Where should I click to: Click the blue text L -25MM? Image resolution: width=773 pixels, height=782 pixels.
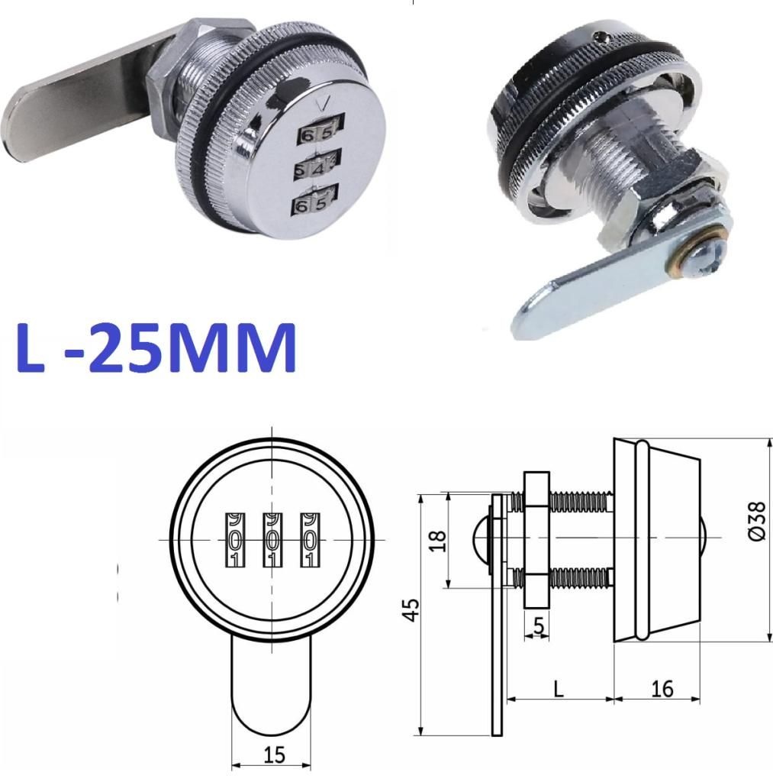pyautogui.click(x=156, y=348)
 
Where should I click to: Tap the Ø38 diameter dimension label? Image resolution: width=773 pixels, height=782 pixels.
pyautogui.click(x=756, y=521)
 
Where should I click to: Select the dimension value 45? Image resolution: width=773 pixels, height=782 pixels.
pyautogui.click(x=411, y=610)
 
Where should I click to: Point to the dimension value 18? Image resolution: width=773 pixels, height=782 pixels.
pyautogui.click(x=437, y=541)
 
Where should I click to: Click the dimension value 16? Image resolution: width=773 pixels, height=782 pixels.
pyautogui.click(x=662, y=690)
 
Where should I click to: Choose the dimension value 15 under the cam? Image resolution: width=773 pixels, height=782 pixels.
pyautogui.click(x=274, y=755)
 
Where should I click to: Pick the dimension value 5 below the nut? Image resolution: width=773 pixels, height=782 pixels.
pyautogui.click(x=539, y=625)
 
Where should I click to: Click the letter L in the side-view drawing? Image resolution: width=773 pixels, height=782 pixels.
pyautogui.click(x=559, y=690)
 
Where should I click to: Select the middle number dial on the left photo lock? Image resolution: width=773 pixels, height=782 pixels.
pyautogui.click(x=317, y=165)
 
